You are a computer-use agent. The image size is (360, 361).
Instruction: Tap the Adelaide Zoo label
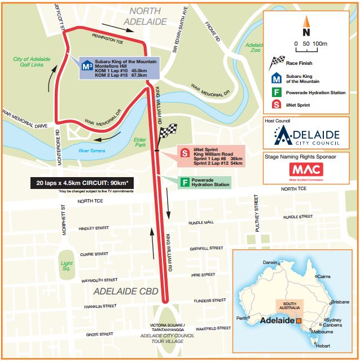pyautogui.click(x=254, y=47)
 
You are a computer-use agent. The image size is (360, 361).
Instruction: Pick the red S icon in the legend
pyautogui.click(x=277, y=105)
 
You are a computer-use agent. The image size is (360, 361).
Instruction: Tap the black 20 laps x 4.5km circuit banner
pyautogui.click(x=82, y=183)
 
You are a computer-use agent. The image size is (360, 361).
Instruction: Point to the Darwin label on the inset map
pyautogui.click(x=270, y=263)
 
